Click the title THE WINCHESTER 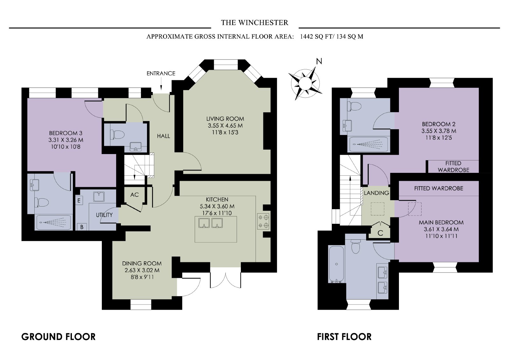[254, 23]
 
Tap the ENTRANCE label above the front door [161, 74]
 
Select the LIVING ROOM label [225, 119]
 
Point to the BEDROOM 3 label [66, 133]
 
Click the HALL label [164, 136]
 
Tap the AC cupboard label [135, 195]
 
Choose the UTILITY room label [104, 215]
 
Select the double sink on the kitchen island [210, 223]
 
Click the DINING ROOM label [142, 263]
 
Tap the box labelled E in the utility [79, 200]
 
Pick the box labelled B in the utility [81, 227]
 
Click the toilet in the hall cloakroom [117, 134]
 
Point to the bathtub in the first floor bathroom [336, 264]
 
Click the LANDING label [376, 193]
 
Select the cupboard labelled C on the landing [380, 230]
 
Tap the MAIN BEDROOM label [441, 222]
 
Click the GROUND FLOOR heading [59, 337]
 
